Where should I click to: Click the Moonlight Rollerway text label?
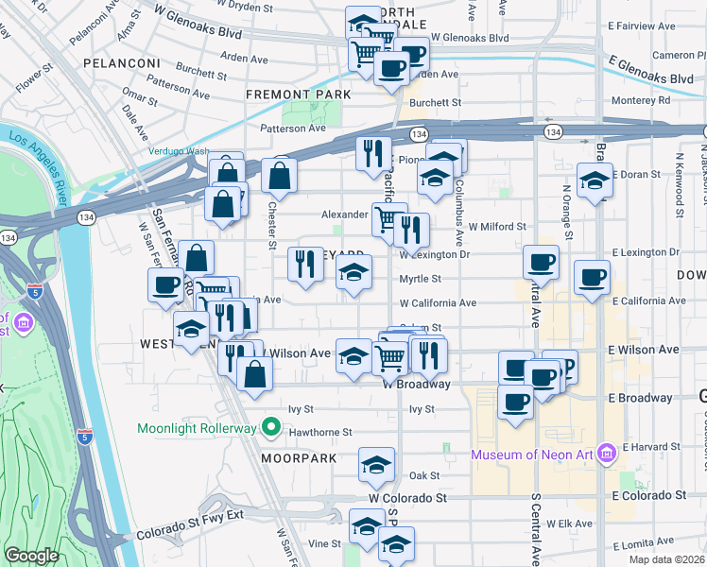tap(197, 428)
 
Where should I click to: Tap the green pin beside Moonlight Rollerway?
tap(271, 428)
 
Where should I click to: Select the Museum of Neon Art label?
tap(531, 455)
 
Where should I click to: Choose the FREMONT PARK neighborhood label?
tap(298, 94)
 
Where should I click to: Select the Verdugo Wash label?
tap(178, 150)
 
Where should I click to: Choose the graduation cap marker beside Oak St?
tap(376, 465)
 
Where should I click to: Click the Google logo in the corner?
tap(31, 556)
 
